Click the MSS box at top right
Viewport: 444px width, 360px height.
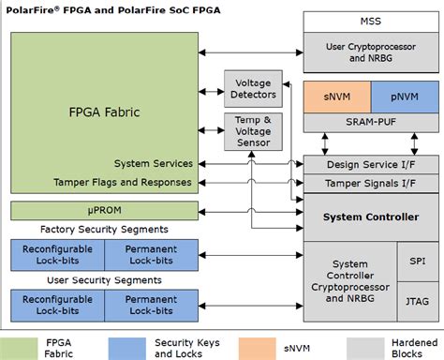371,20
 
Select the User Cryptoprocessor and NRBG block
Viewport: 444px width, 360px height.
371,52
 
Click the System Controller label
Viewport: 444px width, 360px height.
370,217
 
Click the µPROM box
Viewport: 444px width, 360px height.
104,209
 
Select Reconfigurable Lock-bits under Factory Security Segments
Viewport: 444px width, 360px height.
57,253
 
